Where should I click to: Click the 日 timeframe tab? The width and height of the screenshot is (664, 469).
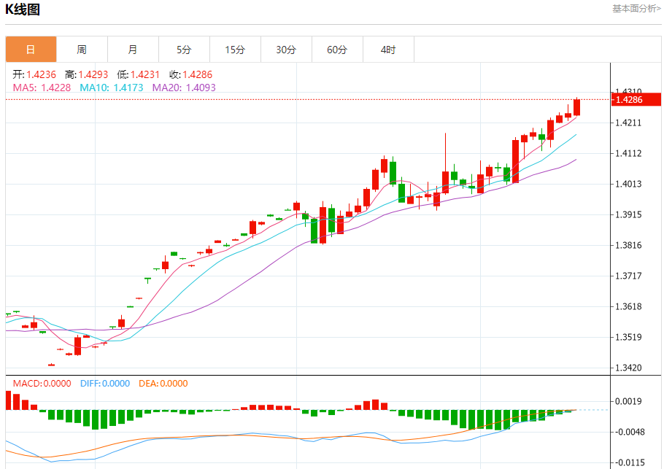tap(31, 50)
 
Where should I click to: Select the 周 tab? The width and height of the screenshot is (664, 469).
tap(82, 50)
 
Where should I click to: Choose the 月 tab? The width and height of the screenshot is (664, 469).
tap(133, 50)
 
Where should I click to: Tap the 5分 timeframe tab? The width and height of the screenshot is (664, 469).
tap(184, 50)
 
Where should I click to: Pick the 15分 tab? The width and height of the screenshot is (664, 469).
tap(235, 50)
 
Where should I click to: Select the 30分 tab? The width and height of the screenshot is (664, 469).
tap(286, 50)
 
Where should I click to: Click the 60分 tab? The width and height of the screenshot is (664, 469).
tap(337, 50)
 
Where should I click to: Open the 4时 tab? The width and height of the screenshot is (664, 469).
tap(388, 50)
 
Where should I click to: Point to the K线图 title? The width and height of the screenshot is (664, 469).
tap(23, 9)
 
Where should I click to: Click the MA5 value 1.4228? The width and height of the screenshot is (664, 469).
tap(56, 88)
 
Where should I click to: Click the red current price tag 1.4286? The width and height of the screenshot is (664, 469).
tap(628, 99)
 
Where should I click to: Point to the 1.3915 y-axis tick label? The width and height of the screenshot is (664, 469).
tap(629, 214)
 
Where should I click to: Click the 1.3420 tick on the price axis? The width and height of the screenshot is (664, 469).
tap(629, 368)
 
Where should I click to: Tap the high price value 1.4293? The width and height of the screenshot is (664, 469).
tap(93, 74)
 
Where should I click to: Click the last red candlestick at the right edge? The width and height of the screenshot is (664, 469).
tap(577, 107)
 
